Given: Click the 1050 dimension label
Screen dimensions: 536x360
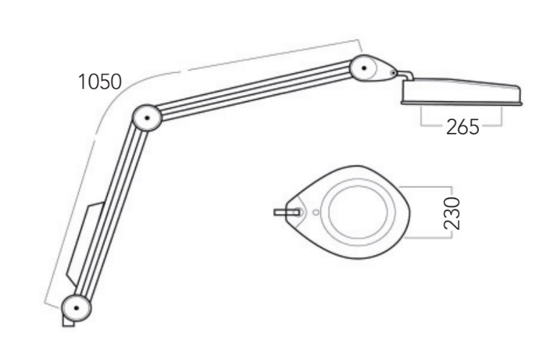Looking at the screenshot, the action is pos(100,82).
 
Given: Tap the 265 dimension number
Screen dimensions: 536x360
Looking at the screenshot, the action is pos(462,127).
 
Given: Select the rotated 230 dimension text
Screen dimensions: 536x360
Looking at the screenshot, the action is pos(452,213).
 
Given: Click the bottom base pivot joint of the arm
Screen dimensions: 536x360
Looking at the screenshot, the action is pos(76,308).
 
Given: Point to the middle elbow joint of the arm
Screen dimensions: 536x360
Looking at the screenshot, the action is pos(147,118).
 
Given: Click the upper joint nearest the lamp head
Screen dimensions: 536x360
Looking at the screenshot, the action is pos(364,68).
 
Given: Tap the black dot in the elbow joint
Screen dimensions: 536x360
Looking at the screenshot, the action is pos(147,118).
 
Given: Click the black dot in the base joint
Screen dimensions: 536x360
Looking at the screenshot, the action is pos(76,308).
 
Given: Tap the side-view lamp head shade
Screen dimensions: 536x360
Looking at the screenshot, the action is pos(462,91).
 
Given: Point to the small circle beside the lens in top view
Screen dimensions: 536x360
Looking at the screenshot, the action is pos(316,212).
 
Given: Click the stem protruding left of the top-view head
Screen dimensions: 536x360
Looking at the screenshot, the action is pos(287,212).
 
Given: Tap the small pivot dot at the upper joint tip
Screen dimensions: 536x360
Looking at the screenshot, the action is pos(394,73).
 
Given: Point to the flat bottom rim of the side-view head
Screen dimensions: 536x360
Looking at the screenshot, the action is pos(462,103).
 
